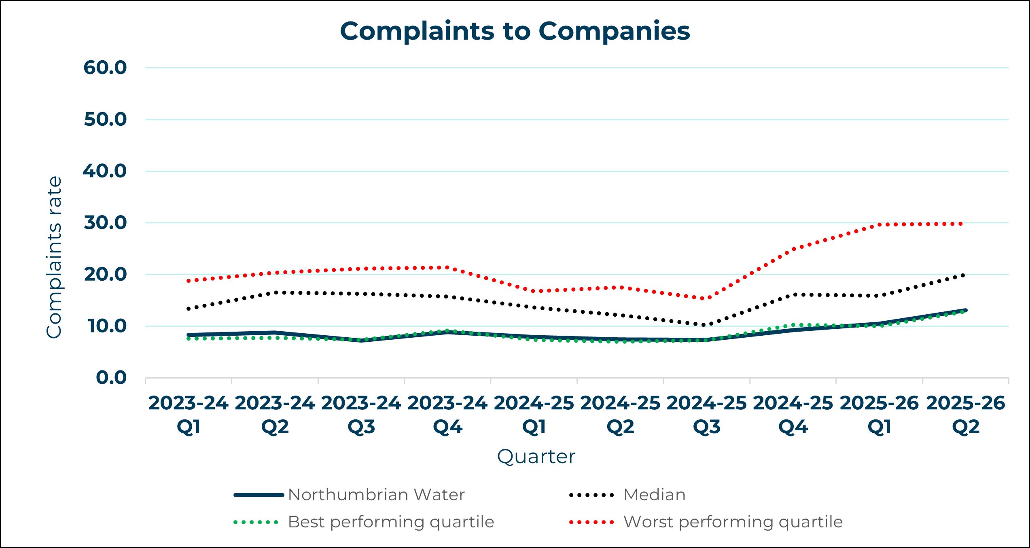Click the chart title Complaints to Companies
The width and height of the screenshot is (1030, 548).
[x=515, y=31]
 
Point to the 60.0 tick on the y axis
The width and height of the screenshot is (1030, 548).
[x=105, y=68]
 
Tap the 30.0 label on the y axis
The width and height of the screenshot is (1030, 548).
[x=105, y=223]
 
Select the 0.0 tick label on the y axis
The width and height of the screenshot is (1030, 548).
[x=111, y=378]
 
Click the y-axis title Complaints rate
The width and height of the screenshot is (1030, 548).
[x=54, y=257]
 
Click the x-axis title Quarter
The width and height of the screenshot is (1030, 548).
[x=536, y=457]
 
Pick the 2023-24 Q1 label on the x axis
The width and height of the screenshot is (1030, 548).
[x=189, y=415]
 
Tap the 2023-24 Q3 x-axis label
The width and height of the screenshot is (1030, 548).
[x=361, y=415]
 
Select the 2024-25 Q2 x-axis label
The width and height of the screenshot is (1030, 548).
[x=620, y=415]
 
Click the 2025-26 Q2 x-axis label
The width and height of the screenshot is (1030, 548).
[x=966, y=415]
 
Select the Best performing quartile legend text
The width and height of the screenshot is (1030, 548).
[x=391, y=522]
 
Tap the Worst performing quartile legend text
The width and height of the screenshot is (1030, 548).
[x=733, y=522]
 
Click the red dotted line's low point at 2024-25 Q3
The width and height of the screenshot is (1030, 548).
[x=706, y=298]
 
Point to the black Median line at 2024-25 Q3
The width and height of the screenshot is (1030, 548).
[x=706, y=325]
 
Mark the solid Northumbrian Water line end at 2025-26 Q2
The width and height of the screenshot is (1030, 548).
[x=966, y=310]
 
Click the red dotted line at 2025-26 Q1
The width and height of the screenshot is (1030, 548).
[x=880, y=224]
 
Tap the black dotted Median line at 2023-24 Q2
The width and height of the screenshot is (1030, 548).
[x=275, y=292]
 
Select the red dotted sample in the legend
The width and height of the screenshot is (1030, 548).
[x=591, y=522]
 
